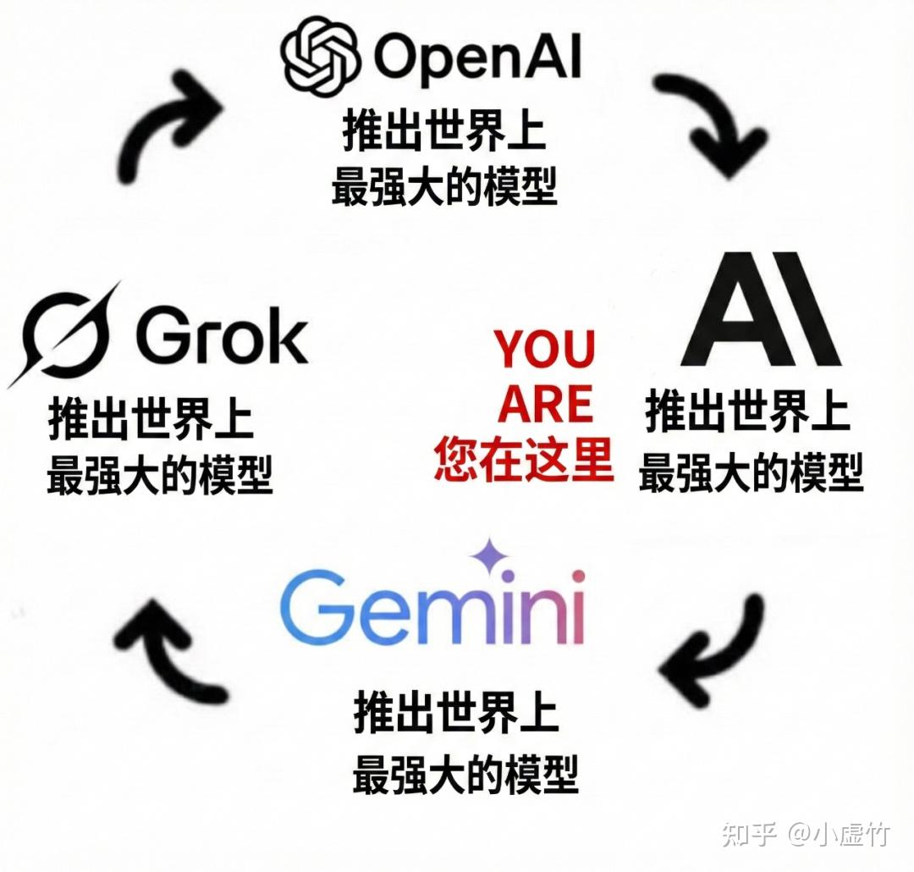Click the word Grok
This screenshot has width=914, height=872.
point(222,337)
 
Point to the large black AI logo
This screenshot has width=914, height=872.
point(761,311)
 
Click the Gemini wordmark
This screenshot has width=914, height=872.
point(432,608)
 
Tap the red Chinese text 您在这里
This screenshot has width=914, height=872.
point(525,460)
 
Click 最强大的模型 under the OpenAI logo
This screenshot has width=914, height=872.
point(444,186)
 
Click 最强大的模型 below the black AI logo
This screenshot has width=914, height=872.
point(751,472)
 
